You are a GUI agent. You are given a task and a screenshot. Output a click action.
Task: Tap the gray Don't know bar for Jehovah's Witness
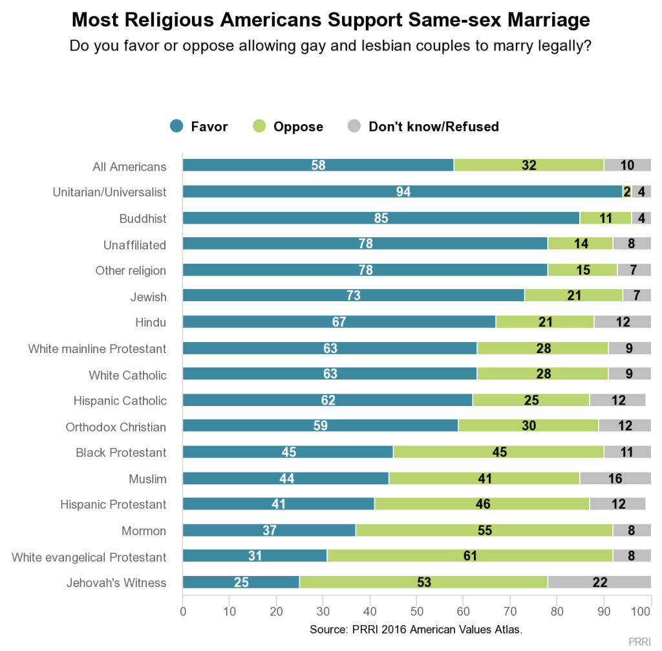point(599,582)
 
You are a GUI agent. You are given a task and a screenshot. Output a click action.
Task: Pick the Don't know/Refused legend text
point(434,127)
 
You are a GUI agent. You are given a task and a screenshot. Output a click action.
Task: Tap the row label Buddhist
point(143,219)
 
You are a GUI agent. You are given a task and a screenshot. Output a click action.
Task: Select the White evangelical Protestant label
point(89,557)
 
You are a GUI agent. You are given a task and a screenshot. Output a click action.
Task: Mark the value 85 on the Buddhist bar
point(381,219)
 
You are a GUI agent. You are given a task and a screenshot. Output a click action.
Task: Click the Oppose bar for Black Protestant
point(498,453)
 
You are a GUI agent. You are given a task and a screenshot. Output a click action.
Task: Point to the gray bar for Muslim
point(615,478)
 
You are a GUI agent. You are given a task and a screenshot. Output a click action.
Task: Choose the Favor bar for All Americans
point(318,166)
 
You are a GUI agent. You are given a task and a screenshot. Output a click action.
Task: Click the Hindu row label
point(151,323)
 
